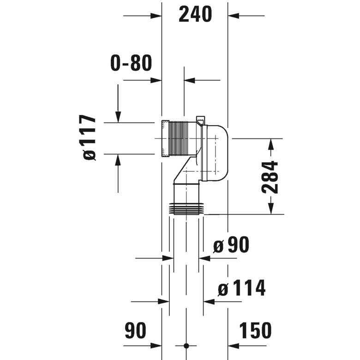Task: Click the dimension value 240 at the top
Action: click(195, 15)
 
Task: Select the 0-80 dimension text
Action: click(131, 63)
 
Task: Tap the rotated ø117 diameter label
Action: click(90, 138)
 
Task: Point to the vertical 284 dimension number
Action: click(270, 177)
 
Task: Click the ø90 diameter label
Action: click(231, 245)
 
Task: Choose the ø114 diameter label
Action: click(241, 289)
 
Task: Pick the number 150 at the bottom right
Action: click(255, 330)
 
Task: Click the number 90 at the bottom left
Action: click(135, 330)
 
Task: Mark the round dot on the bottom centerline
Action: click(186, 346)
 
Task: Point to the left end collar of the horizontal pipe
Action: click(164, 138)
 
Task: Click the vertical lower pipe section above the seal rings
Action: click(186, 192)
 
